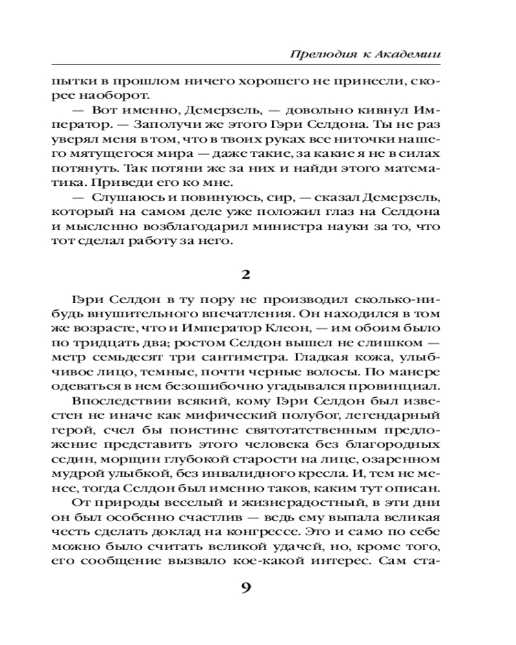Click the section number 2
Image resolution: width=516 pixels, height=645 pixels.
[245, 274]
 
